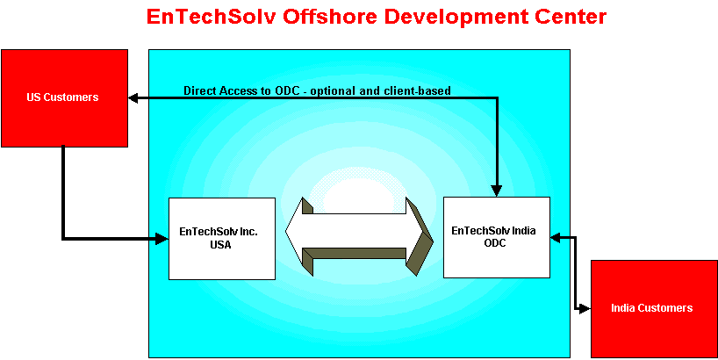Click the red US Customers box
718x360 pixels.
(64, 98)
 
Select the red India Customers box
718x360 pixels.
(654, 309)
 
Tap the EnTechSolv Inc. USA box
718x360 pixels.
(221, 238)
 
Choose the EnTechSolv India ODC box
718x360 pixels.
(497, 237)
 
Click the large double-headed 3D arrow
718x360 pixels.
(359, 236)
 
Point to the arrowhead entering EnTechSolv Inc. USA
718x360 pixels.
(162, 238)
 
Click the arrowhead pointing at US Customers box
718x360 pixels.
(133, 97)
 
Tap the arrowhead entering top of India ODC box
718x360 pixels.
(497, 191)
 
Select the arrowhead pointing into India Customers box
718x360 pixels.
(585, 309)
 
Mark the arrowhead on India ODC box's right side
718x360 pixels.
(556, 237)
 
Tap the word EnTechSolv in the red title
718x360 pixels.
(212, 17)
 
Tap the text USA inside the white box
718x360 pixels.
(220, 245)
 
